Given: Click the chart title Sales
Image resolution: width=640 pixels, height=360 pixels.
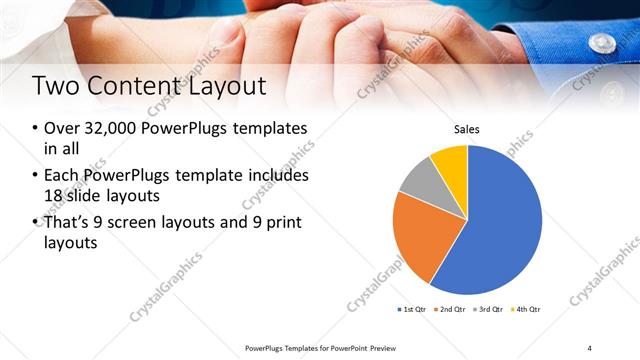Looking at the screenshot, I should click(467, 129).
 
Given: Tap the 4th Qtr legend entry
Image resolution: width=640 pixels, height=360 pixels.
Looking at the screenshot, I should click(525, 309).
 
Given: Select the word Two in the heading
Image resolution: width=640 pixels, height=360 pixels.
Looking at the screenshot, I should click(54, 86).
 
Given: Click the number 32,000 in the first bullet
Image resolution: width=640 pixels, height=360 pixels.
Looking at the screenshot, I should click(109, 130).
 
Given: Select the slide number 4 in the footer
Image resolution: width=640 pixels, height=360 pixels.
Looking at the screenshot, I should click(589, 347).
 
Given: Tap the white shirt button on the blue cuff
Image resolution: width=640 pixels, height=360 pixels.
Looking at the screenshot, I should click(602, 42).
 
